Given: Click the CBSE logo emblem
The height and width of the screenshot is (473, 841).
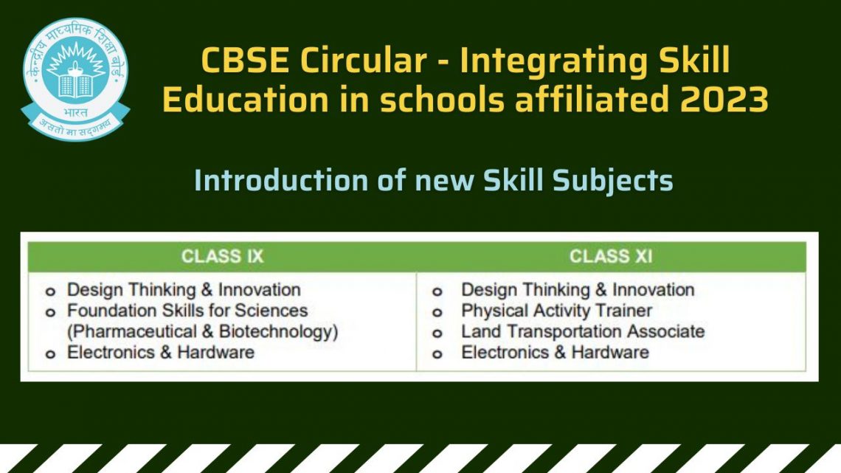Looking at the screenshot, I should (75, 77).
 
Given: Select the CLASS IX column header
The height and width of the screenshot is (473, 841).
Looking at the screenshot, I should (222, 256).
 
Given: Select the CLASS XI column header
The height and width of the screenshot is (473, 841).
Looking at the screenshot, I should (610, 256).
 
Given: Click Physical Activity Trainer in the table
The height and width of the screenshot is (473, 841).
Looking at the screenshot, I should (556, 311).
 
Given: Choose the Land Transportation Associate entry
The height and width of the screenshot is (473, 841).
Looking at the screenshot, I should (583, 332).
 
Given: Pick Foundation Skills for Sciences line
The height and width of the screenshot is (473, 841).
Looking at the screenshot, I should (187, 311).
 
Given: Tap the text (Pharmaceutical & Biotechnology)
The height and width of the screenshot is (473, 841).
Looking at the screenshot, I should (202, 332).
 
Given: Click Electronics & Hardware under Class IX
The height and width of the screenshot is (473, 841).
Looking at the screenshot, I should (161, 353).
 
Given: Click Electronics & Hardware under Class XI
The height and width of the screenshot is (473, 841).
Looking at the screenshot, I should (555, 353).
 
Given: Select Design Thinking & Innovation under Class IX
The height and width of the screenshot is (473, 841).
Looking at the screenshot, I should (184, 290).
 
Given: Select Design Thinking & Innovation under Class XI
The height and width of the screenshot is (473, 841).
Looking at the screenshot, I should (578, 290).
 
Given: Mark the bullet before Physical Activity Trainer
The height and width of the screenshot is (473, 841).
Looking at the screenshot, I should (437, 313).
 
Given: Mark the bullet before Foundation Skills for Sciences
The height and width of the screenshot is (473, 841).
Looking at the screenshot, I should (50, 313).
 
